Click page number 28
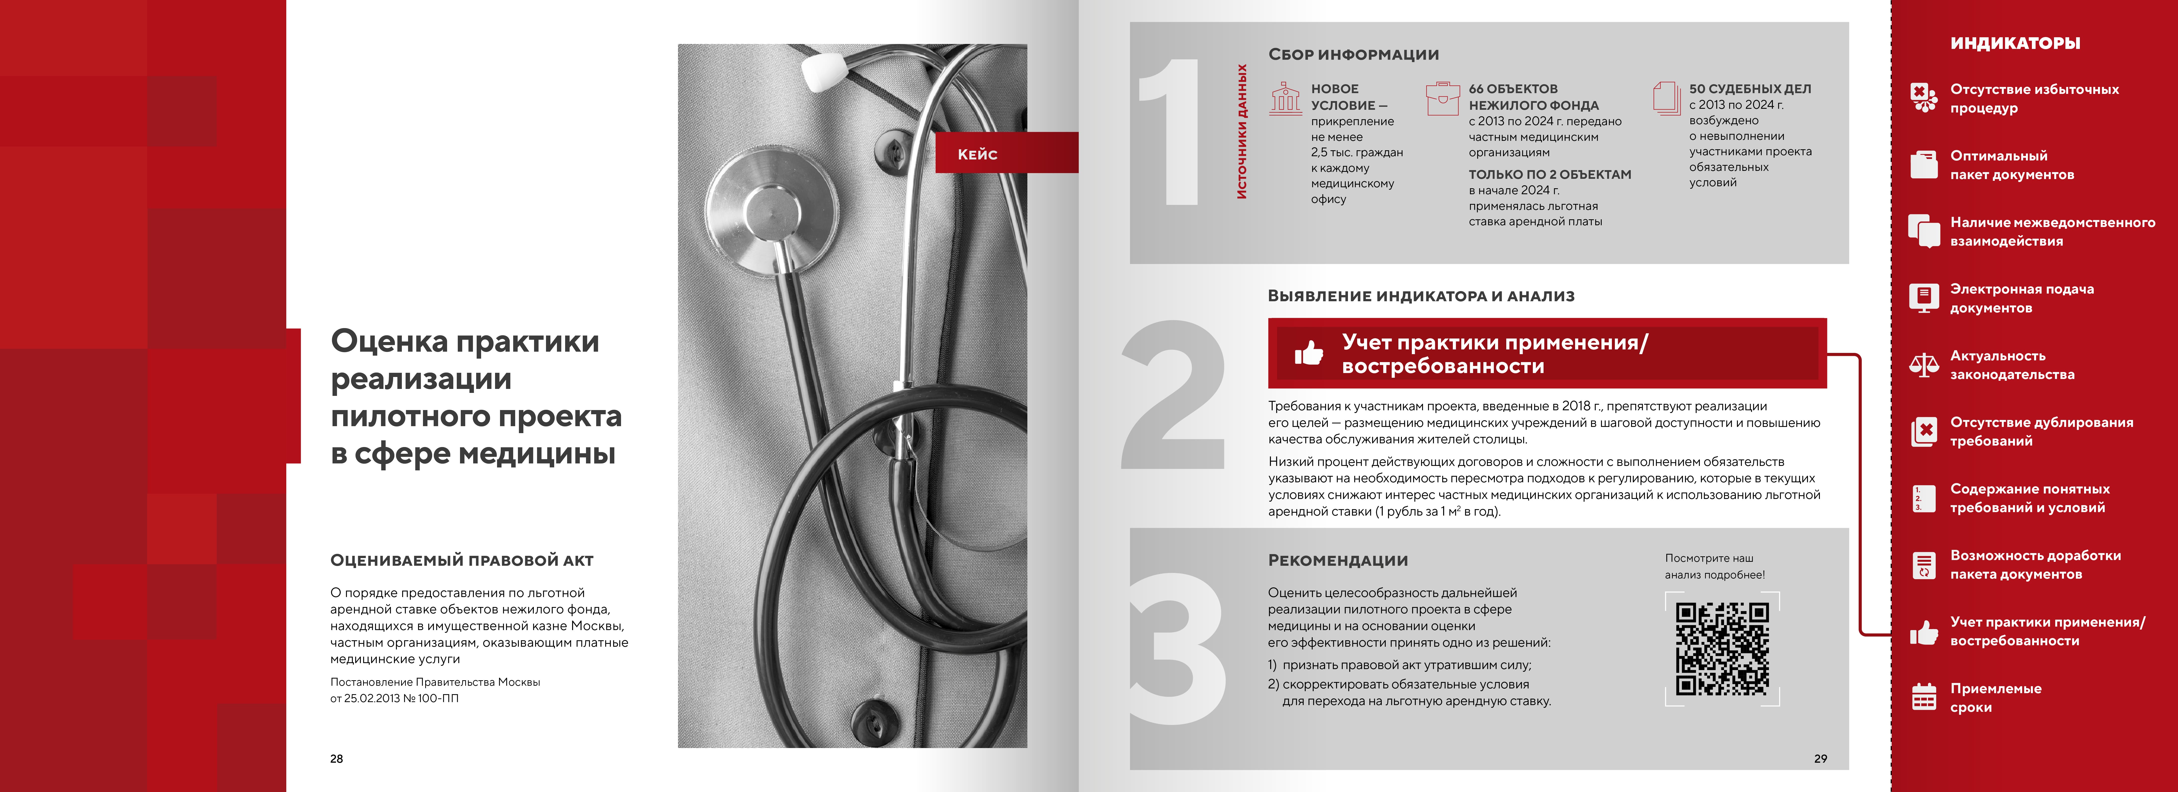[336, 758]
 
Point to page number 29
[1820, 758]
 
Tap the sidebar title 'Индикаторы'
[2015, 43]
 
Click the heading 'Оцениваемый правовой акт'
[462, 560]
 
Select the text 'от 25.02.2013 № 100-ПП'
[394, 698]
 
